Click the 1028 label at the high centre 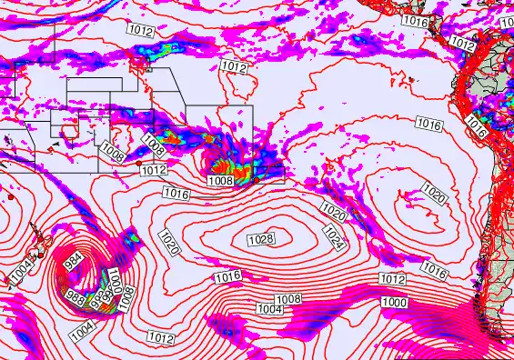coord(261,239)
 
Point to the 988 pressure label coord(76,298)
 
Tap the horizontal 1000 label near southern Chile coord(395,302)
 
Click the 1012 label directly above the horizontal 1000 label coord(392,279)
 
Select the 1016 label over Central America coord(440,21)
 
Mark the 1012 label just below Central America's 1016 coord(463,44)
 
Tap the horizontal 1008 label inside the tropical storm coord(221,181)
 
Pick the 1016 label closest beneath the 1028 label coord(228,276)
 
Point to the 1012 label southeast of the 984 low coord(160,337)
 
